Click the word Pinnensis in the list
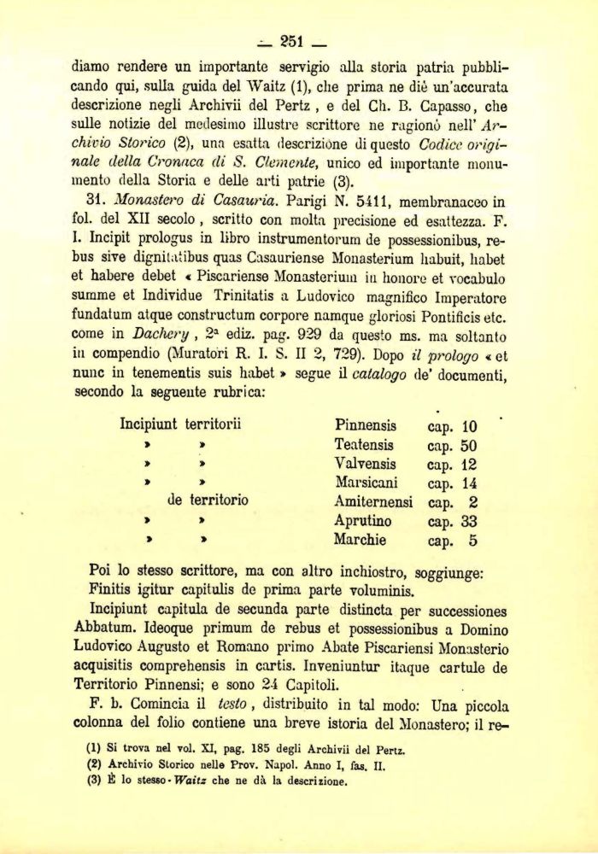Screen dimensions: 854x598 366,425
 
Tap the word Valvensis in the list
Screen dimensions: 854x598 366,465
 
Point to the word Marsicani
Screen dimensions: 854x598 367,483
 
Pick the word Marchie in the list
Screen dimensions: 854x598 361,540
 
